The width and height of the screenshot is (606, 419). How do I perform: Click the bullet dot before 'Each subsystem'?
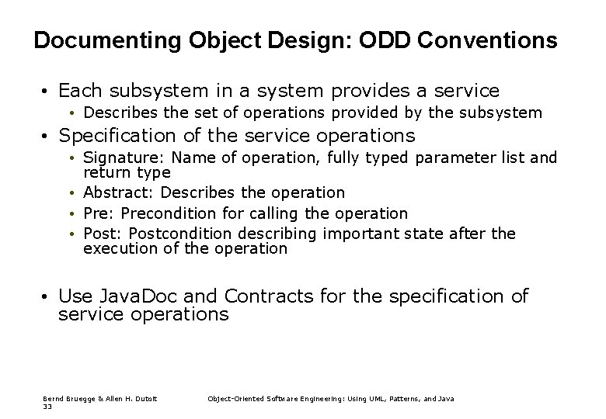47,92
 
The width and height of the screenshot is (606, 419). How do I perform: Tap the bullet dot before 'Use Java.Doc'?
47,296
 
